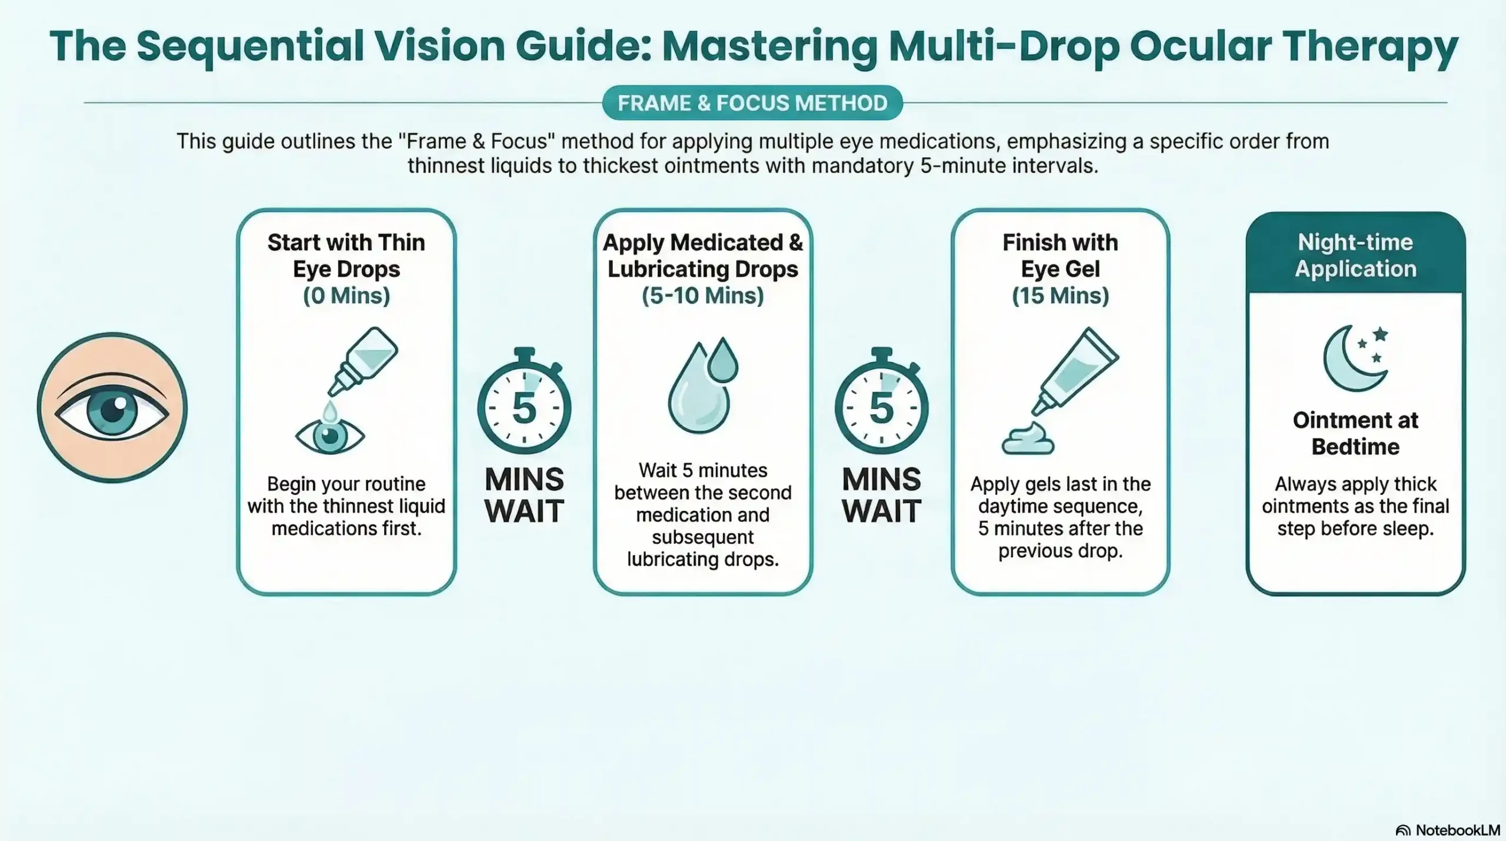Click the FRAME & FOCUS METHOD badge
click(752, 103)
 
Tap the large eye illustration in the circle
click(112, 408)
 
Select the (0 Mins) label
click(346, 295)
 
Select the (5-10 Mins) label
click(703, 295)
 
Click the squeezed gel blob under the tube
click(1028, 440)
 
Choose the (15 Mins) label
click(1060, 295)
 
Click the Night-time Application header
click(1355, 255)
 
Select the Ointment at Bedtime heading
click(1355, 433)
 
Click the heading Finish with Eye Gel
click(1060, 255)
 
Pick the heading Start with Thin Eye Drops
click(346, 255)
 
